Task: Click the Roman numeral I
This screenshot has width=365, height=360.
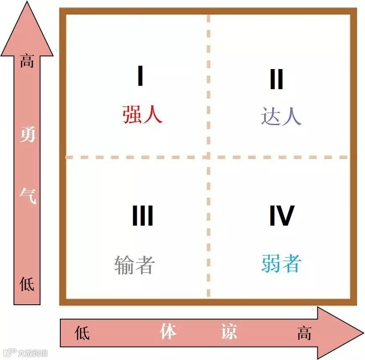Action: point(141,77)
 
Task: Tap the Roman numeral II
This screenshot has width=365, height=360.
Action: point(276,80)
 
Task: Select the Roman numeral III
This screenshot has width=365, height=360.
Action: point(142,216)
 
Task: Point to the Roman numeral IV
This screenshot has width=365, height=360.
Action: point(281,216)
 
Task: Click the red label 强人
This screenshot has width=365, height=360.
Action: point(142,114)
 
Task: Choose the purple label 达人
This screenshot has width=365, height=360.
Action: point(281,116)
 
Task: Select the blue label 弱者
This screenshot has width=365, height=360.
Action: point(281,264)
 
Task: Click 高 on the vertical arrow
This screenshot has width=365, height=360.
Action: point(27,63)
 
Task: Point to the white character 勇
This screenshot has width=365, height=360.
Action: point(27,135)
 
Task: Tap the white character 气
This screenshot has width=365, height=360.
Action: point(28,195)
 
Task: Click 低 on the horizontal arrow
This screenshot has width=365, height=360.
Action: point(82,333)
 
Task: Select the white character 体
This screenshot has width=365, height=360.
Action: point(168,332)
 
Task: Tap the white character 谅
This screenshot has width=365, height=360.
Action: point(229,332)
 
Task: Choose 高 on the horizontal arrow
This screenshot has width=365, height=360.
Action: point(304,333)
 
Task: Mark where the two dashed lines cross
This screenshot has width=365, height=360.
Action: point(208,157)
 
